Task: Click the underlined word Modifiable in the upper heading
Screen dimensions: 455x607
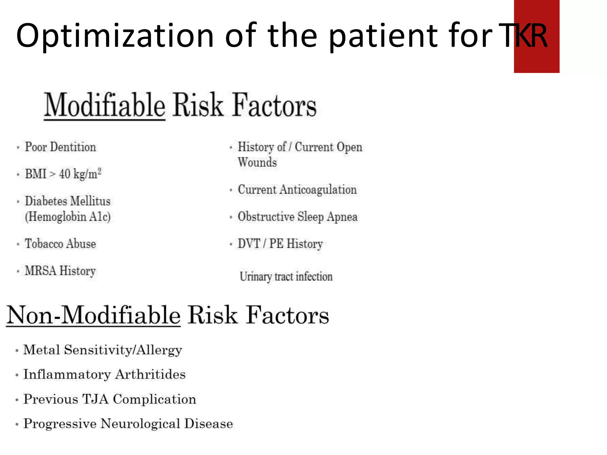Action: pyautogui.click(x=105, y=105)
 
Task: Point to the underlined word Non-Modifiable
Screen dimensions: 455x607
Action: pyautogui.click(x=93, y=315)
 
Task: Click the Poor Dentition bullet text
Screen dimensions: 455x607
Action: pyautogui.click(x=60, y=147)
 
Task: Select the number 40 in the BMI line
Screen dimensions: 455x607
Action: pyautogui.click(x=65, y=174)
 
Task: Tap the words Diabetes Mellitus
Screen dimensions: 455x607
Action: pyautogui.click(x=68, y=201)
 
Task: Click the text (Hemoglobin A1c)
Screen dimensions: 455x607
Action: pyautogui.click(x=68, y=217)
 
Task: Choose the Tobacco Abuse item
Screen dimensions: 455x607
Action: pyautogui.click(x=60, y=244)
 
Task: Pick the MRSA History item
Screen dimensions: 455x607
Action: pyautogui.click(x=60, y=271)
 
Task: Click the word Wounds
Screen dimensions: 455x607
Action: pyautogui.click(x=257, y=162)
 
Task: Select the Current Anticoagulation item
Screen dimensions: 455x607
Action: pyautogui.click(x=297, y=190)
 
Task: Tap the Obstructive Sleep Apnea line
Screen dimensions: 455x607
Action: pyautogui.click(x=298, y=217)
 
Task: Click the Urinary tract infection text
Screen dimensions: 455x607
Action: pyautogui.click(x=286, y=277)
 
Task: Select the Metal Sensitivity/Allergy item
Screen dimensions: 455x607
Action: pyautogui.click(x=103, y=350)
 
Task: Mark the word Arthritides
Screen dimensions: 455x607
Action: pyautogui.click(x=151, y=374)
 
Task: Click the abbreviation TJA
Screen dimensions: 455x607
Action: pyautogui.click(x=95, y=399)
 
